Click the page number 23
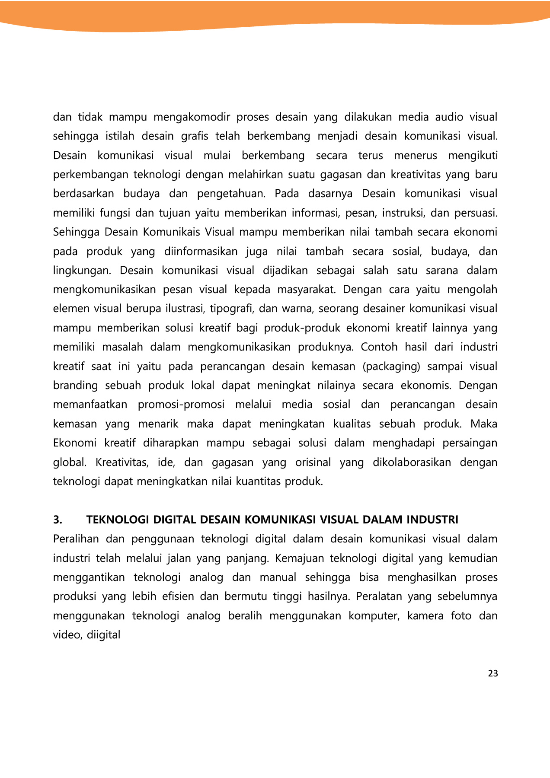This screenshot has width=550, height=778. [x=492, y=673]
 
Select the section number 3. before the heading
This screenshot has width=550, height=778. [x=58, y=520]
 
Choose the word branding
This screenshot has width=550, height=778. [x=76, y=386]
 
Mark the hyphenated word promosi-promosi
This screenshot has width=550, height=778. [x=181, y=405]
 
